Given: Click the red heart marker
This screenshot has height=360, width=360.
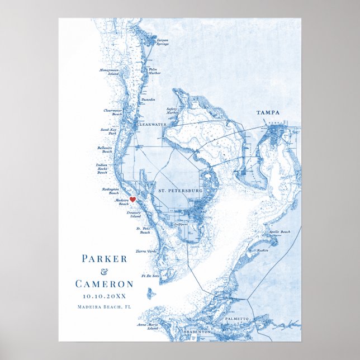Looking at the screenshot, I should coord(133,199).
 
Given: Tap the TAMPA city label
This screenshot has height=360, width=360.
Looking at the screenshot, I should coord(268,113).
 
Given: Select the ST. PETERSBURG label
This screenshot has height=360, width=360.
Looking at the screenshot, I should coord(180,191).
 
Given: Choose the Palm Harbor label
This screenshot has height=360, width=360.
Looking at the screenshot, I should coord(154,71).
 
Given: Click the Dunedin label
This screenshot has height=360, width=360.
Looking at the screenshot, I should coord(148,99).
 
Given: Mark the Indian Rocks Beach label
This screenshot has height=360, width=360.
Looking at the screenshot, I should coord(102,169).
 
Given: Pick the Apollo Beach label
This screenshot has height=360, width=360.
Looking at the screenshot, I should coord(279,232).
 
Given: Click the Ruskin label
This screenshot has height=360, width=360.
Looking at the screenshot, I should coord(263,250).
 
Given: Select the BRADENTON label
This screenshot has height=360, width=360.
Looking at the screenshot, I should coord(198,331).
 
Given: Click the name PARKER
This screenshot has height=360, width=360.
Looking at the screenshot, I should coord(105,259).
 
